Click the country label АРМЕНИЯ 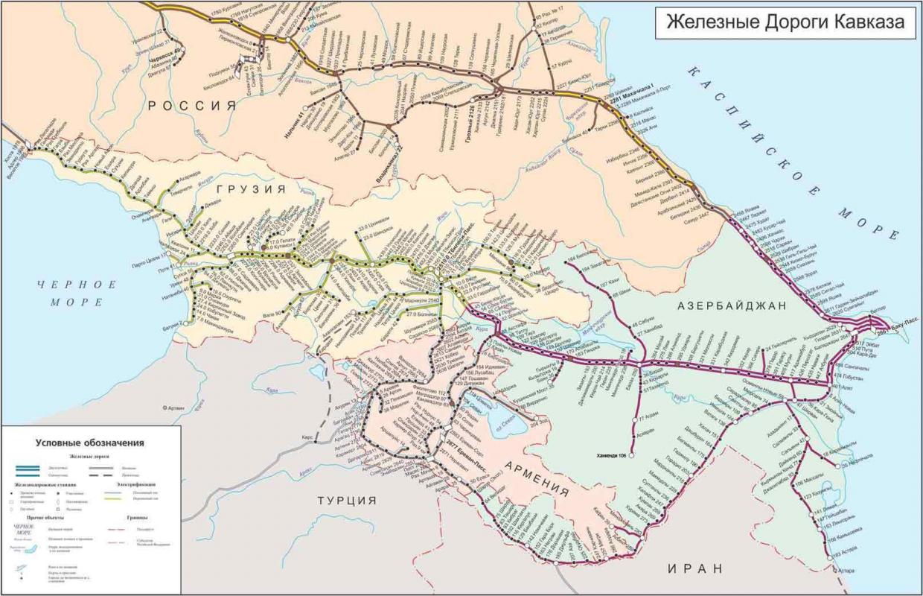pyautogui.click(x=537, y=478)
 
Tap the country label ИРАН pyautogui.click(x=695, y=568)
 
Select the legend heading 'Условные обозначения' pyautogui.click(x=90, y=442)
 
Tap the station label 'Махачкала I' pyautogui.click(x=631, y=95)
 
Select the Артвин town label pyautogui.click(x=173, y=408)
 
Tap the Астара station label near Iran pyautogui.click(x=846, y=571)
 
